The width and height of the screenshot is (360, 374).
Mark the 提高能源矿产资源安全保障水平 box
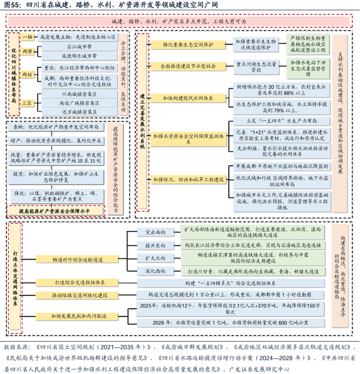tap(56, 211)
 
